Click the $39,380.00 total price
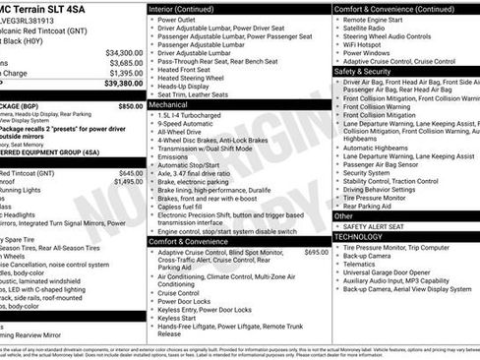point(123,85)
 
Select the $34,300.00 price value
point(125,52)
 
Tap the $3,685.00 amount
point(127,63)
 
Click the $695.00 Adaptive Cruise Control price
point(317,253)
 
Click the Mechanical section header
point(169,102)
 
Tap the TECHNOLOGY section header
point(358,237)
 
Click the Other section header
point(344,215)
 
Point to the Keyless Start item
point(177,318)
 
